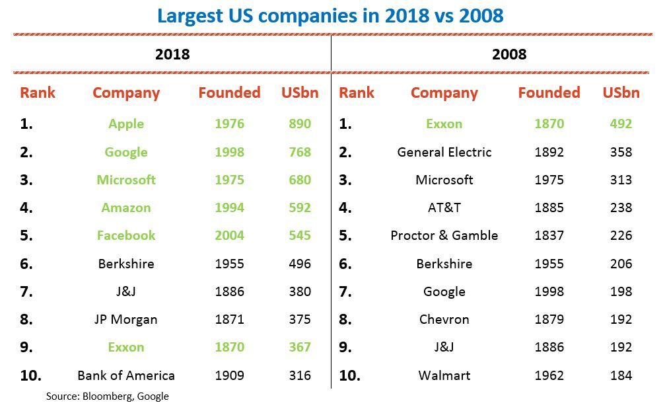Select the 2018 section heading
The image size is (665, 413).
(x=172, y=54)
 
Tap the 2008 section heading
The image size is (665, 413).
(x=509, y=54)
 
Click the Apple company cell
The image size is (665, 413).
(x=126, y=124)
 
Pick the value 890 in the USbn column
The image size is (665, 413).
(x=300, y=124)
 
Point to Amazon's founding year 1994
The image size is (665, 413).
(x=229, y=207)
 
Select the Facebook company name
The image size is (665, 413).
(x=126, y=235)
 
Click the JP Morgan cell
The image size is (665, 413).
(x=126, y=319)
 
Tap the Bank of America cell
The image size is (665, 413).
(x=126, y=375)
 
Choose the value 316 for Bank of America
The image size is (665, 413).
(x=300, y=375)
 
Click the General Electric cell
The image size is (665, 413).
(x=444, y=152)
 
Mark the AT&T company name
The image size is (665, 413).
(x=444, y=207)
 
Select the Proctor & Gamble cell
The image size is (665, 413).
(x=444, y=235)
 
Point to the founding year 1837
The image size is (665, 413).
(x=549, y=235)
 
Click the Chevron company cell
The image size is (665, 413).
(x=444, y=319)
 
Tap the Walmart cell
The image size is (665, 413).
(x=444, y=375)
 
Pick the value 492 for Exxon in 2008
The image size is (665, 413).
(x=621, y=124)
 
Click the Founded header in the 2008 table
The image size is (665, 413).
(x=549, y=93)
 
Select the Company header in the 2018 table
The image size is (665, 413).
(x=126, y=93)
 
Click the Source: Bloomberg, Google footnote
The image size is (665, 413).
(x=108, y=396)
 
